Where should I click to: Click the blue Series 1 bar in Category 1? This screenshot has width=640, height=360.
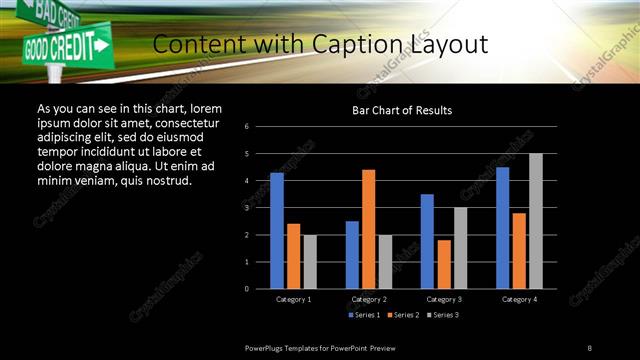277,231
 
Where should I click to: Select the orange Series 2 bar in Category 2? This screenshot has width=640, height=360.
369,229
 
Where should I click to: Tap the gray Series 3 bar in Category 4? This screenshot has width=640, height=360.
536,221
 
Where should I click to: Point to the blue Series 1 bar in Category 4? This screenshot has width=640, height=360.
502,228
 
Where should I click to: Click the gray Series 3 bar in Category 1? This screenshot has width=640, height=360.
310,262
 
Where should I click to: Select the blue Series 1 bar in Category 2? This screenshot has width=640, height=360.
352,255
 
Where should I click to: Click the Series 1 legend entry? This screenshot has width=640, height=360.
364,315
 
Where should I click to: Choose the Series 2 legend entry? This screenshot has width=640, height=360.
403,315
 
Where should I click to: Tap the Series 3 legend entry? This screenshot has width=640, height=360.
443,315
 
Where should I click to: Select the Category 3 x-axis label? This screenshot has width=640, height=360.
444,299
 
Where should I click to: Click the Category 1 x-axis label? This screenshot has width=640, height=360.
293,299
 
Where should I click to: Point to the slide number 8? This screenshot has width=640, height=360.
589,347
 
